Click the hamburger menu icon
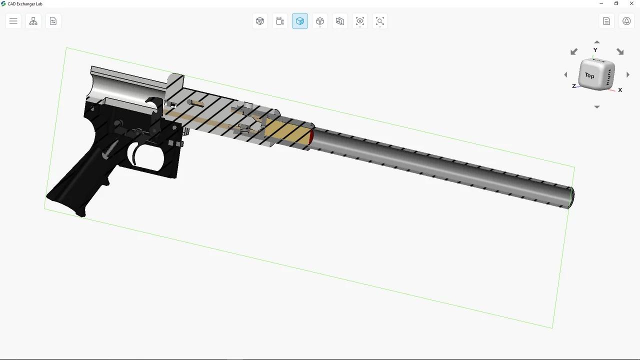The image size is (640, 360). click(x=13, y=21)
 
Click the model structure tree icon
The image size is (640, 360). click(x=33, y=21)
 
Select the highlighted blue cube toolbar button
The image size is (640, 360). click(x=300, y=21)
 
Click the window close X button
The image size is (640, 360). click(x=631, y=3)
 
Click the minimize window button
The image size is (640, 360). click(x=601, y=3)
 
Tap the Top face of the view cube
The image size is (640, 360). click(x=590, y=75)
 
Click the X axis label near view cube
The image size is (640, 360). click(x=620, y=90)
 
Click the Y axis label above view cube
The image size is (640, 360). click(x=595, y=50)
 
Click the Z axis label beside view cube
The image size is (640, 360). click(x=574, y=86)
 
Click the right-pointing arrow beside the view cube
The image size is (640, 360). click(x=628, y=74)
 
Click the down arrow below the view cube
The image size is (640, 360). click(x=597, y=107)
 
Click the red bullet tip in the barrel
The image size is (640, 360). click(x=311, y=136)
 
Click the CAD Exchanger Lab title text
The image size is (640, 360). click(x=25, y=4)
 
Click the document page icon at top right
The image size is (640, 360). click(x=606, y=21)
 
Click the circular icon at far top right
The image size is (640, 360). click(x=626, y=21)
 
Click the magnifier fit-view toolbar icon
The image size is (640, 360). click(x=380, y=21)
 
